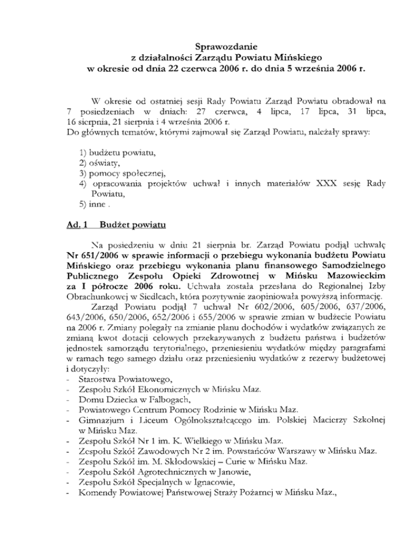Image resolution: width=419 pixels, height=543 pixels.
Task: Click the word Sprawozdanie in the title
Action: [209, 45]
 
